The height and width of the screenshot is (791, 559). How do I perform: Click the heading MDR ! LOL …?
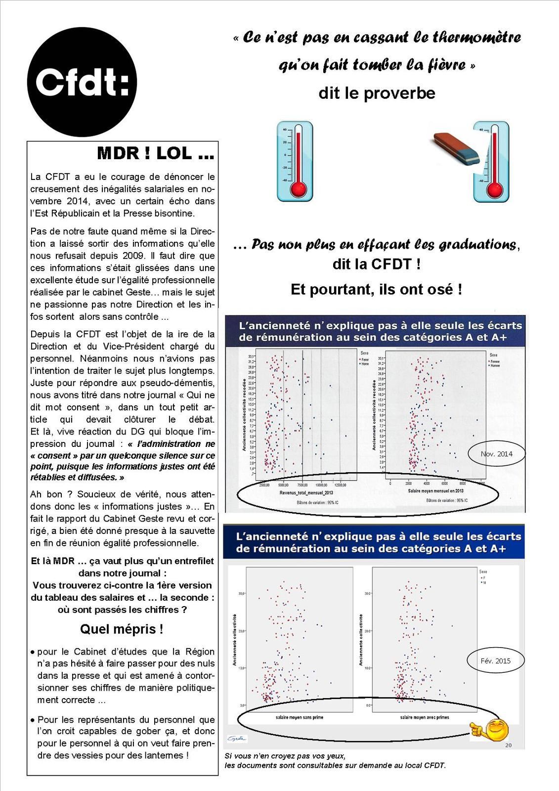pyautogui.click(x=156, y=153)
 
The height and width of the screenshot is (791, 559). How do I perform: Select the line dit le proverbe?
pyautogui.click(x=377, y=93)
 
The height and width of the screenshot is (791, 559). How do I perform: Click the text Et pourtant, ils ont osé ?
pyautogui.click(x=376, y=289)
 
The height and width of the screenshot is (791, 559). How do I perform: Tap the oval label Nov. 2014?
pyautogui.click(x=496, y=454)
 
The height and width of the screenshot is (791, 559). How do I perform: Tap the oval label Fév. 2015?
pyautogui.click(x=495, y=660)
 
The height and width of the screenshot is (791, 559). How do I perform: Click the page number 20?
pyautogui.click(x=508, y=745)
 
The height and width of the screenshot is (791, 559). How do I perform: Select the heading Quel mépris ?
pyautogui.click(x=122, y=629)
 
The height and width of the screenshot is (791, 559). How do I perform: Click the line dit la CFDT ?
pyautogui.click(x=376, y=264)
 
